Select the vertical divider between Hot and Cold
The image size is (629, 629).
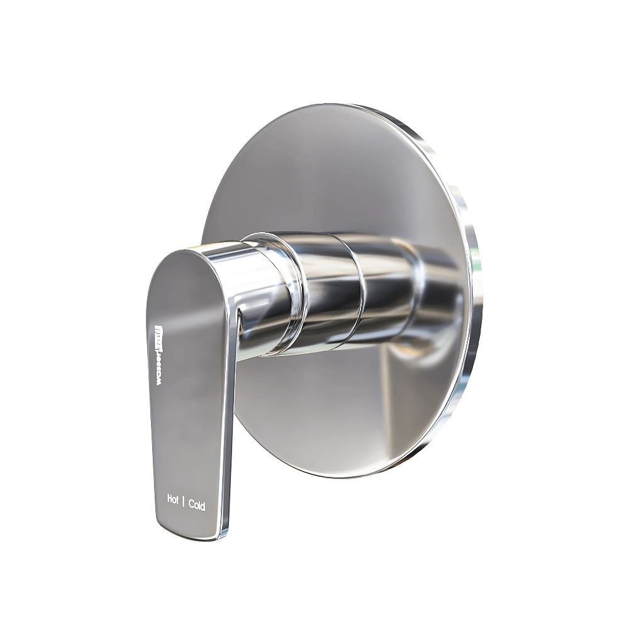tap(184, 502)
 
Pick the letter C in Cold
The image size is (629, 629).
tap(191, 504)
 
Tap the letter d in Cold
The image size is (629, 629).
tap(203, 507)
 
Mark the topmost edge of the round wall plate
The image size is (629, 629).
tap(352, 104)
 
